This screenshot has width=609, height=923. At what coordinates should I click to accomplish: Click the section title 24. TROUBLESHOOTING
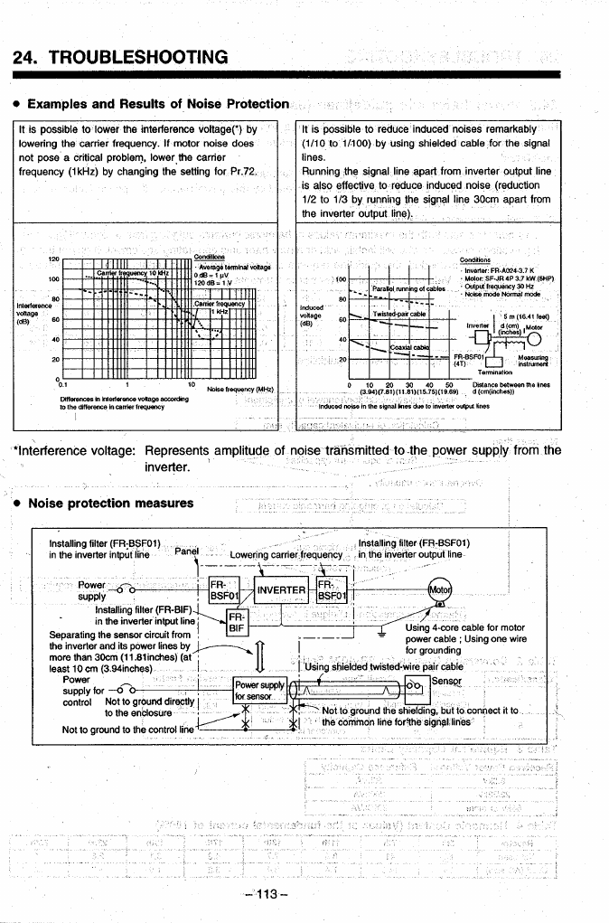[x=121, y=58]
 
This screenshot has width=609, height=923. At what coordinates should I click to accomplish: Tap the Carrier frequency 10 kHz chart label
[x=133, y=272]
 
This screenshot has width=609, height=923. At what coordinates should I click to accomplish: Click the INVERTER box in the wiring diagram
[x=279, y=591]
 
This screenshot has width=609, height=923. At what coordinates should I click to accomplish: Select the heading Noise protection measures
[x=111, y=503]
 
